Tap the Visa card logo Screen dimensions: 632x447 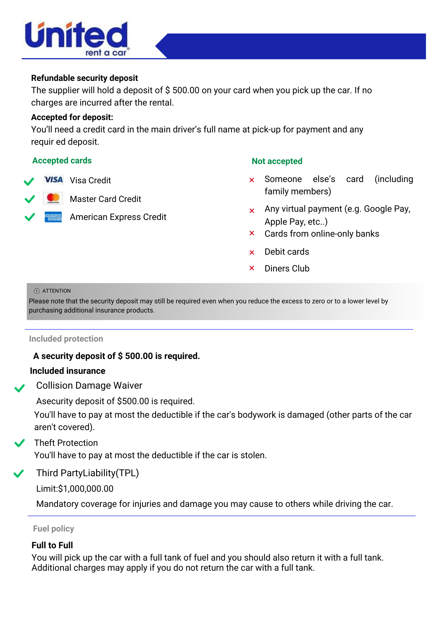point(53,180)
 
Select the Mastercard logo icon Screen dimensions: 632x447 point(53,198)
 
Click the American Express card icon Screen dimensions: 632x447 point(53,217)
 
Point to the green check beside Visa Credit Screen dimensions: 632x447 point(29,181)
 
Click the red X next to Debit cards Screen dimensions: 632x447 point(252,252)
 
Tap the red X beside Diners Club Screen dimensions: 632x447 point(252,268)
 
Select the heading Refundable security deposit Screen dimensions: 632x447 point(84,78)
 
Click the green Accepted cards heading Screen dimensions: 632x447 point(62,161)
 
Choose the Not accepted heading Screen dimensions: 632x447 point(277,161)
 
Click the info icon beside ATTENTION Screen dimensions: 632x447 point(37,291)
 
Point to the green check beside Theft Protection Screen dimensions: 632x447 point(20,443)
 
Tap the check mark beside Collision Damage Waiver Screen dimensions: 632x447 point(20,388)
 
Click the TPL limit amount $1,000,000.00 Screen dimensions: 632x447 point(86,489)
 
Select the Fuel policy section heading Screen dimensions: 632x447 point(53,529)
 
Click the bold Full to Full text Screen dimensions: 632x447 point(52,545)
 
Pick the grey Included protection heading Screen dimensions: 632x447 point(66,339)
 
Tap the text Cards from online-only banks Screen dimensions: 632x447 point(322,234)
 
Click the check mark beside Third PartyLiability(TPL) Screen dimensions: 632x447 point(19,474)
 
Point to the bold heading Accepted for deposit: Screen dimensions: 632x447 point(72,117)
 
